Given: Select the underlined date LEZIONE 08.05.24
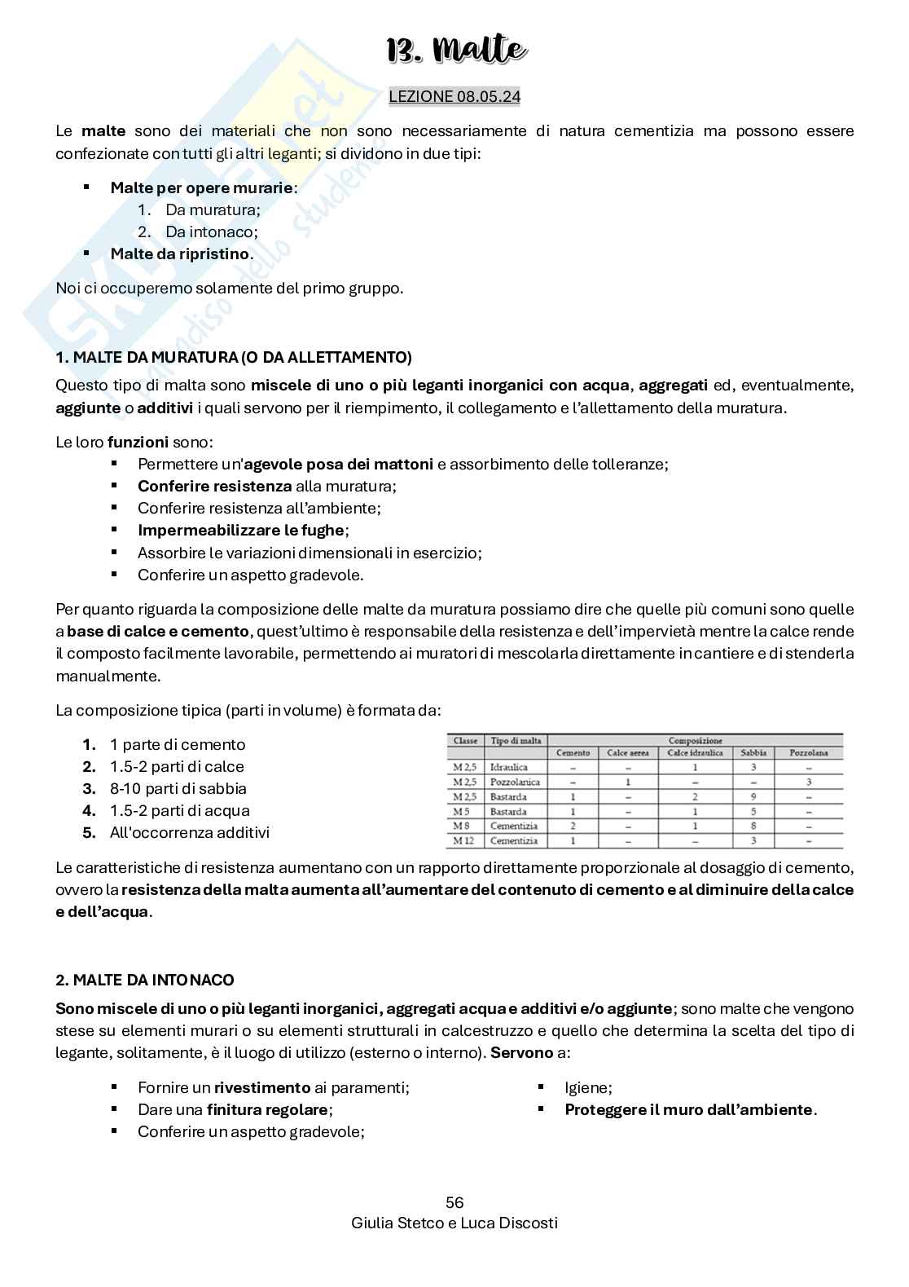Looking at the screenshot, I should click(455, 96).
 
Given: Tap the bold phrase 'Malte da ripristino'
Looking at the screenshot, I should click(179, 253).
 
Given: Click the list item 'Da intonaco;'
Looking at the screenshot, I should click(211, 231).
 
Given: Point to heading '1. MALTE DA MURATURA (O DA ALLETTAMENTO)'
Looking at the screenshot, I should click(234, 357).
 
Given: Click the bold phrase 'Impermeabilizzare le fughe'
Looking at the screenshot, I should click(241, 531).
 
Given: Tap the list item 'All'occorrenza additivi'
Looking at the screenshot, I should click(189, 833).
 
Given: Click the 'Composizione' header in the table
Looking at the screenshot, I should click(695, 741).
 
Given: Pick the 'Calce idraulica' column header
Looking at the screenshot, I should click(695, 753).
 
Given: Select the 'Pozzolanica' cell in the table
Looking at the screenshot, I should click(510, 782).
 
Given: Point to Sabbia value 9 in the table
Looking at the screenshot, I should click(753, 796).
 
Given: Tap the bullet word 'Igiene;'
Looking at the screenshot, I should click(588, 1087).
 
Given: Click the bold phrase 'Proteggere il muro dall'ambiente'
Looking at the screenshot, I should click(688, 1109).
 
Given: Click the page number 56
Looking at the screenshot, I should click(455, 1202).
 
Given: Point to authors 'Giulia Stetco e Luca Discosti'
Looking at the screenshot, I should click(455, 1223).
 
